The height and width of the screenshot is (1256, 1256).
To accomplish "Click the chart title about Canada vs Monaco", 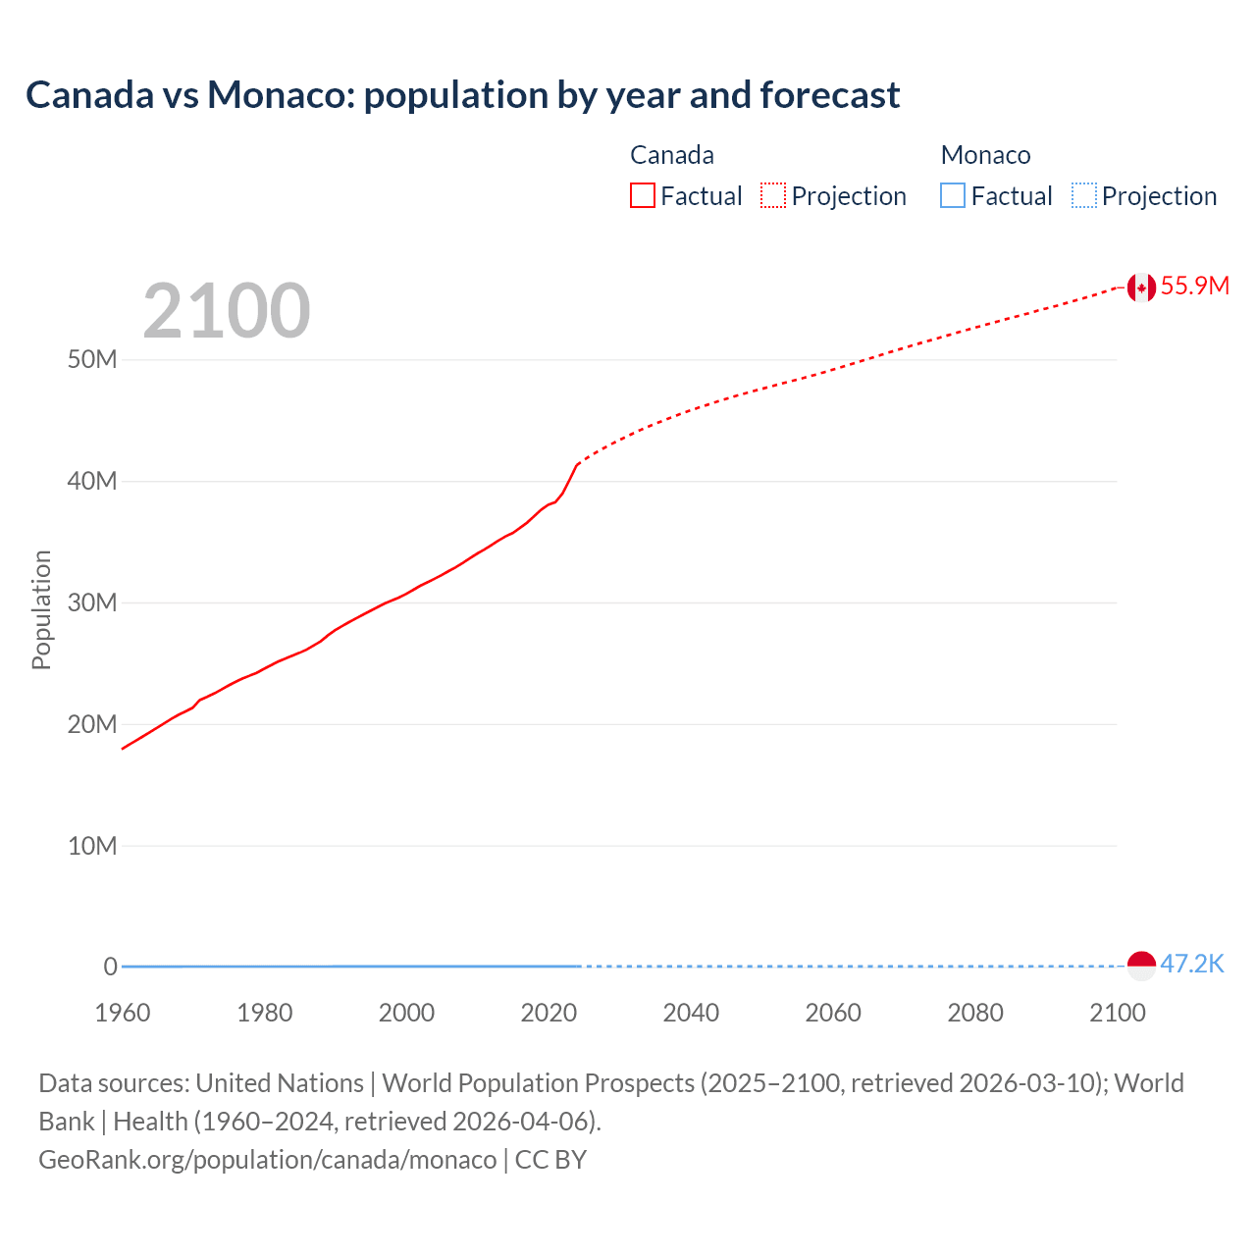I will [462, 95].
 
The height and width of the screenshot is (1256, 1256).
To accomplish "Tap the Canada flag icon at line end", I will [1140, 287].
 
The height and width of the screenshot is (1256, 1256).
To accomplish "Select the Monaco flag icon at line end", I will [1140, 966].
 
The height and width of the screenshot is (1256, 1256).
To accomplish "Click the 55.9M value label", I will [1194, 286].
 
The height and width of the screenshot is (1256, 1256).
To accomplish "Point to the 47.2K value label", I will [1192, 964].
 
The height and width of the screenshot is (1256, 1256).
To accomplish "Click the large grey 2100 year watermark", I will [226, 311].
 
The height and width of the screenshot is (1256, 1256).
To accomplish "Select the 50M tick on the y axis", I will [92, 359].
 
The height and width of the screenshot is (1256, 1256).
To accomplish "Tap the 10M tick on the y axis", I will [92, 846].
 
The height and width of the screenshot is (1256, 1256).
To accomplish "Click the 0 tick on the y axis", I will [110, 967].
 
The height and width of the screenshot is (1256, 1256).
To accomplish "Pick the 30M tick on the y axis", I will [92, 602].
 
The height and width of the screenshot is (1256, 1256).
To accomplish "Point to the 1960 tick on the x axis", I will [123, 1013].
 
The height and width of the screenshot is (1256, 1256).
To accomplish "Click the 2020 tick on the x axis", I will [549, 1013].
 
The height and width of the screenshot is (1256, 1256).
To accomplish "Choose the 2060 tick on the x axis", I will [833, 1013].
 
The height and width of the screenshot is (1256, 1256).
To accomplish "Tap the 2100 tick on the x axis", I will [1117, 1013].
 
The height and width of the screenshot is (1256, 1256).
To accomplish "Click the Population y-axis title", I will [41, 609].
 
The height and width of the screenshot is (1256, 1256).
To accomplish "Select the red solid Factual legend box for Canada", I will [643, 196].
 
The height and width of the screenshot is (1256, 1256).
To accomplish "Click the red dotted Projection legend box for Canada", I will [773, 196].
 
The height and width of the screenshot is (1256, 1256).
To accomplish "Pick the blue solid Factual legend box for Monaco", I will [953, 196].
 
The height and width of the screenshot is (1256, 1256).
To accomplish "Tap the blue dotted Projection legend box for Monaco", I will [1084, 196].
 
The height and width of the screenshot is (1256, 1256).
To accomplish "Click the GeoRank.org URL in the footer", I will [268, 1160].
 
